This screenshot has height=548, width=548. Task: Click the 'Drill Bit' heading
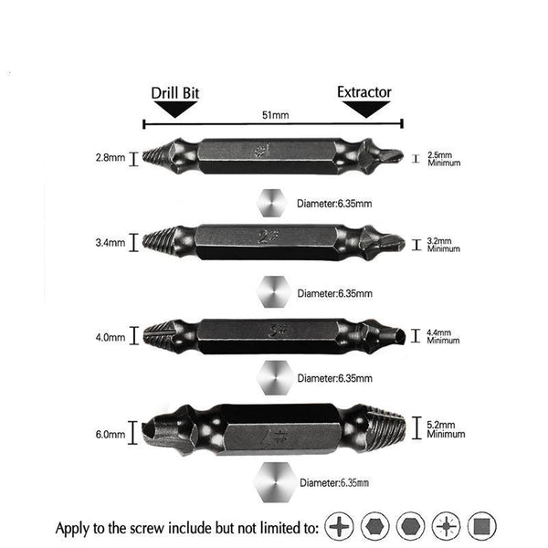174,93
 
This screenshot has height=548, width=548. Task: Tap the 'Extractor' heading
364,92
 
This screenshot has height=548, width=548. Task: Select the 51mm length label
276,115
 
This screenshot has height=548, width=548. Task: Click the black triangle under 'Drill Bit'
175,110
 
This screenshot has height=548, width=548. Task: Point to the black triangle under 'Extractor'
366,110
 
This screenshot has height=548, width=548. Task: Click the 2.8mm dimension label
111,158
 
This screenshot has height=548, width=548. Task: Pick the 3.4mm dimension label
111,243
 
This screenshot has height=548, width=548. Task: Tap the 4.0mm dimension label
111,338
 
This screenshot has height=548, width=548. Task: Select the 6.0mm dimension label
111,435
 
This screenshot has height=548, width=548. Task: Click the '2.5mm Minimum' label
444,159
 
